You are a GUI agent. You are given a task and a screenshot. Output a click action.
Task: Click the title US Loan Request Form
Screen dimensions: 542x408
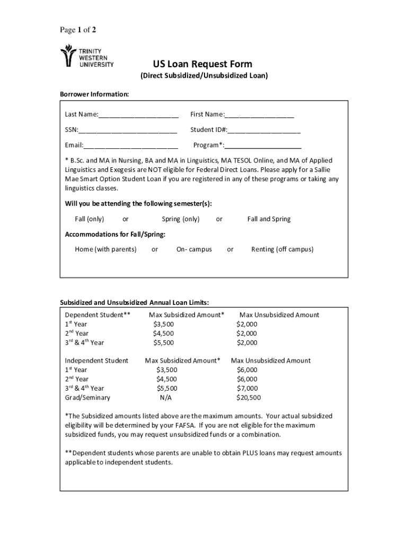pyautogui.click(x=203, y=65)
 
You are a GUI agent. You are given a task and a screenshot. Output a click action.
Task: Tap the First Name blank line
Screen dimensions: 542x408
pyautogui.click(x=259, y=115)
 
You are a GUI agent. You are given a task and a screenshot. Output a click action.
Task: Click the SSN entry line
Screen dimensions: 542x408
pyautogui.click(x=128, y=130)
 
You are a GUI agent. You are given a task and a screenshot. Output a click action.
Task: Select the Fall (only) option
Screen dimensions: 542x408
pyautogui.click(x=89, y=219)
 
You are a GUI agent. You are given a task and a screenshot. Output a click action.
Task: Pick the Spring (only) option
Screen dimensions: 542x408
pyautogui.click(x=181, y=219)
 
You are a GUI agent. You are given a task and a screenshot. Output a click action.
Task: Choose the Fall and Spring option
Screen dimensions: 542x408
pyautogui.click(x=269, y=219)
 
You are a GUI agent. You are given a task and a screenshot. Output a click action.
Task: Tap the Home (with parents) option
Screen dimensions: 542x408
pyautogui.click(x=105, y=249)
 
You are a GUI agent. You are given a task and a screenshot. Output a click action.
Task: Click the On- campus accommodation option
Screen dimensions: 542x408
pyautogui.click(x=194, y=249)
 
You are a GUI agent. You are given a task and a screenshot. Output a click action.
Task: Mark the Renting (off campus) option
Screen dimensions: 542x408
pyautogui.click(x=282, y=249)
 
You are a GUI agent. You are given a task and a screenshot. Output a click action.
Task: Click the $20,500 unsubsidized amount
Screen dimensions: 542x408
pyautogui.click(x=249, y=398)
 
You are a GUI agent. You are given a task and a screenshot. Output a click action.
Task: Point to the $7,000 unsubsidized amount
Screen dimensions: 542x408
pyautogui.click(x=247, y=388)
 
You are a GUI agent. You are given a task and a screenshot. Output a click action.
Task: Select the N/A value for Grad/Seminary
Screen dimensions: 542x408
pyautogui.click(x=166, y=398)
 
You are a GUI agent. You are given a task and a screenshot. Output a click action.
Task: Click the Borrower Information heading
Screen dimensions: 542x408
pyautogui.click(x=94, y=94)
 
